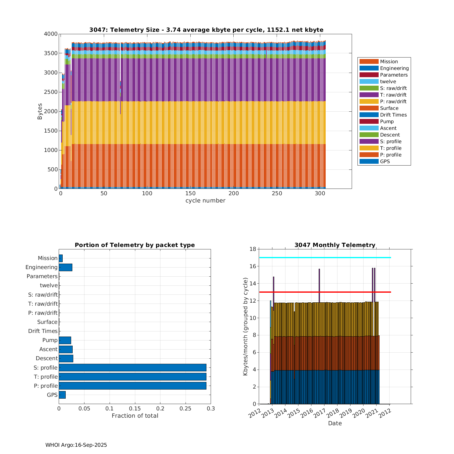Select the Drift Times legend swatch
pyautogui.click(x=369, y=115)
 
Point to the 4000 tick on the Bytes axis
pyautogui.click(x=51, y=34)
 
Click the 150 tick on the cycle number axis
pyautogui.click(x=190, y=194)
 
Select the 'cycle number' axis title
pyautogui.click(x=205, y=201)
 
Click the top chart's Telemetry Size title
pyautogui.click(x=206, y=30)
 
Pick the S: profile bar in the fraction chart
pyautogui.click(x=132, y=367)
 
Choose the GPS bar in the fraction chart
pyautogui.click(x=62, y=395)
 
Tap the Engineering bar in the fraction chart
pyautogui.click(x=65, y=267)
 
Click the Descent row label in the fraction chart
pyautogui.click(x=47, y=358)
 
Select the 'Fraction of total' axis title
pyautogui.click(x=135, y=416)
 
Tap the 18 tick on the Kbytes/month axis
pyautogui.click(x=253, y=249)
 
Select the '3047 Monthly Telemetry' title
pyautogui.click(x=335, y=245)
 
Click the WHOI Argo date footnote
pyautogui.click(x=76, y=445)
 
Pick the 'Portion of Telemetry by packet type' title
pyautogui.click(x=135, y=245)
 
